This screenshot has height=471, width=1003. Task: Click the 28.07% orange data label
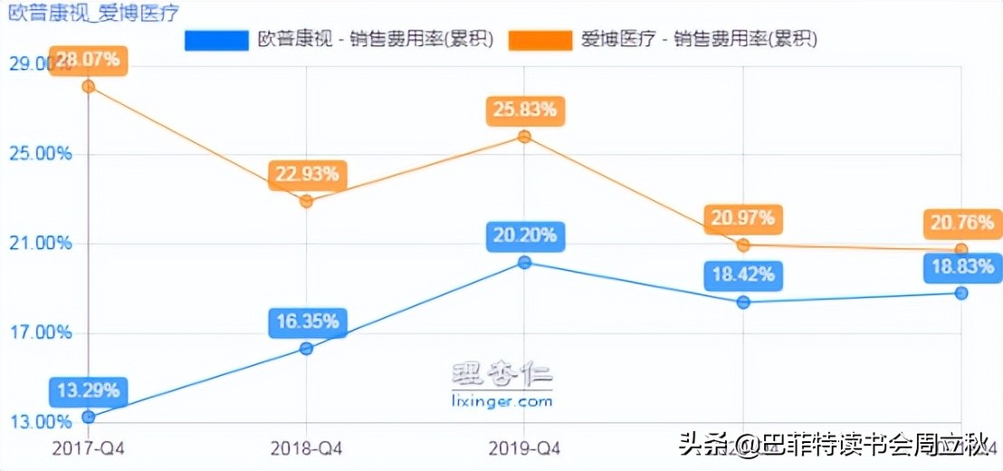(88, 61)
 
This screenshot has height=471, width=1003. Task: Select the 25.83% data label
(525, 111)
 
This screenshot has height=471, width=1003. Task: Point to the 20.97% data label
(743, 218)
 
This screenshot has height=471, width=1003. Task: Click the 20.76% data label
(961, 222)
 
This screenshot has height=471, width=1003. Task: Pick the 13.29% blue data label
(88, 391)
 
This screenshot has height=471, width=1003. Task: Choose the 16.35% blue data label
(307, 321)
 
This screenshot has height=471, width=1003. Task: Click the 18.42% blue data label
(743, 274)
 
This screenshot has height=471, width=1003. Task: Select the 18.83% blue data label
(961, 265)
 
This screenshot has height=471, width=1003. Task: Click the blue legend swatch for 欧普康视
(216, 39)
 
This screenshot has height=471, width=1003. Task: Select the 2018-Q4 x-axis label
(307, 447)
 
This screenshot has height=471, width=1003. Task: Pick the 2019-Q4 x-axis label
(525, 447)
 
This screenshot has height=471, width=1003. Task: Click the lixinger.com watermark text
(501, 400)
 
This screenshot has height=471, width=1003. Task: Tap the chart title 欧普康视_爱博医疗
(93, 13)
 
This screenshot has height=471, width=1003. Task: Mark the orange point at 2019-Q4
(525, 137)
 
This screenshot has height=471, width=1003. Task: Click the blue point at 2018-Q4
(307, 349)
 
